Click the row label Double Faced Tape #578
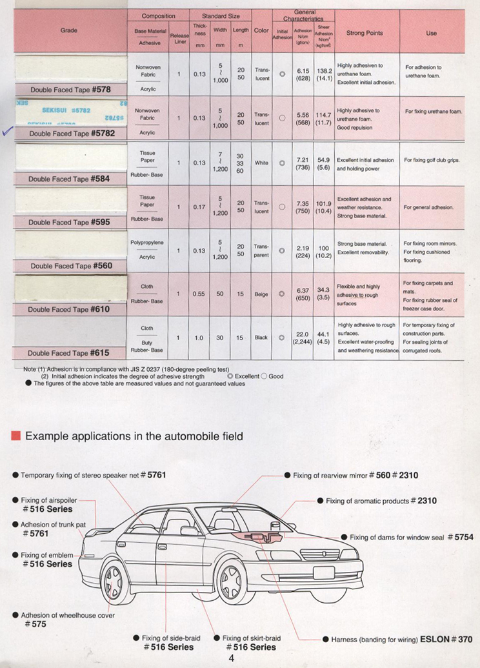point(70,90)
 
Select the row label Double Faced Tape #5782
point(71,134)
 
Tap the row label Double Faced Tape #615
point(68,353)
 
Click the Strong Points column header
point(365,33)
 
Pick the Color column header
point(261,30)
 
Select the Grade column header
point(69,30)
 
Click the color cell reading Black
point(261,338)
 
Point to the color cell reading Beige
point(261,294)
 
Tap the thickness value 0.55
point(199,294)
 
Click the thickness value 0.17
point(199,207)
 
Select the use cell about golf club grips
point(432,160)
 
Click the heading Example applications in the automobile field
point(134,436)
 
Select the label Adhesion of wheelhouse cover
point(68,615)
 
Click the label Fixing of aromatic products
point(368,501)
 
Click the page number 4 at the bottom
point(231,658)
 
